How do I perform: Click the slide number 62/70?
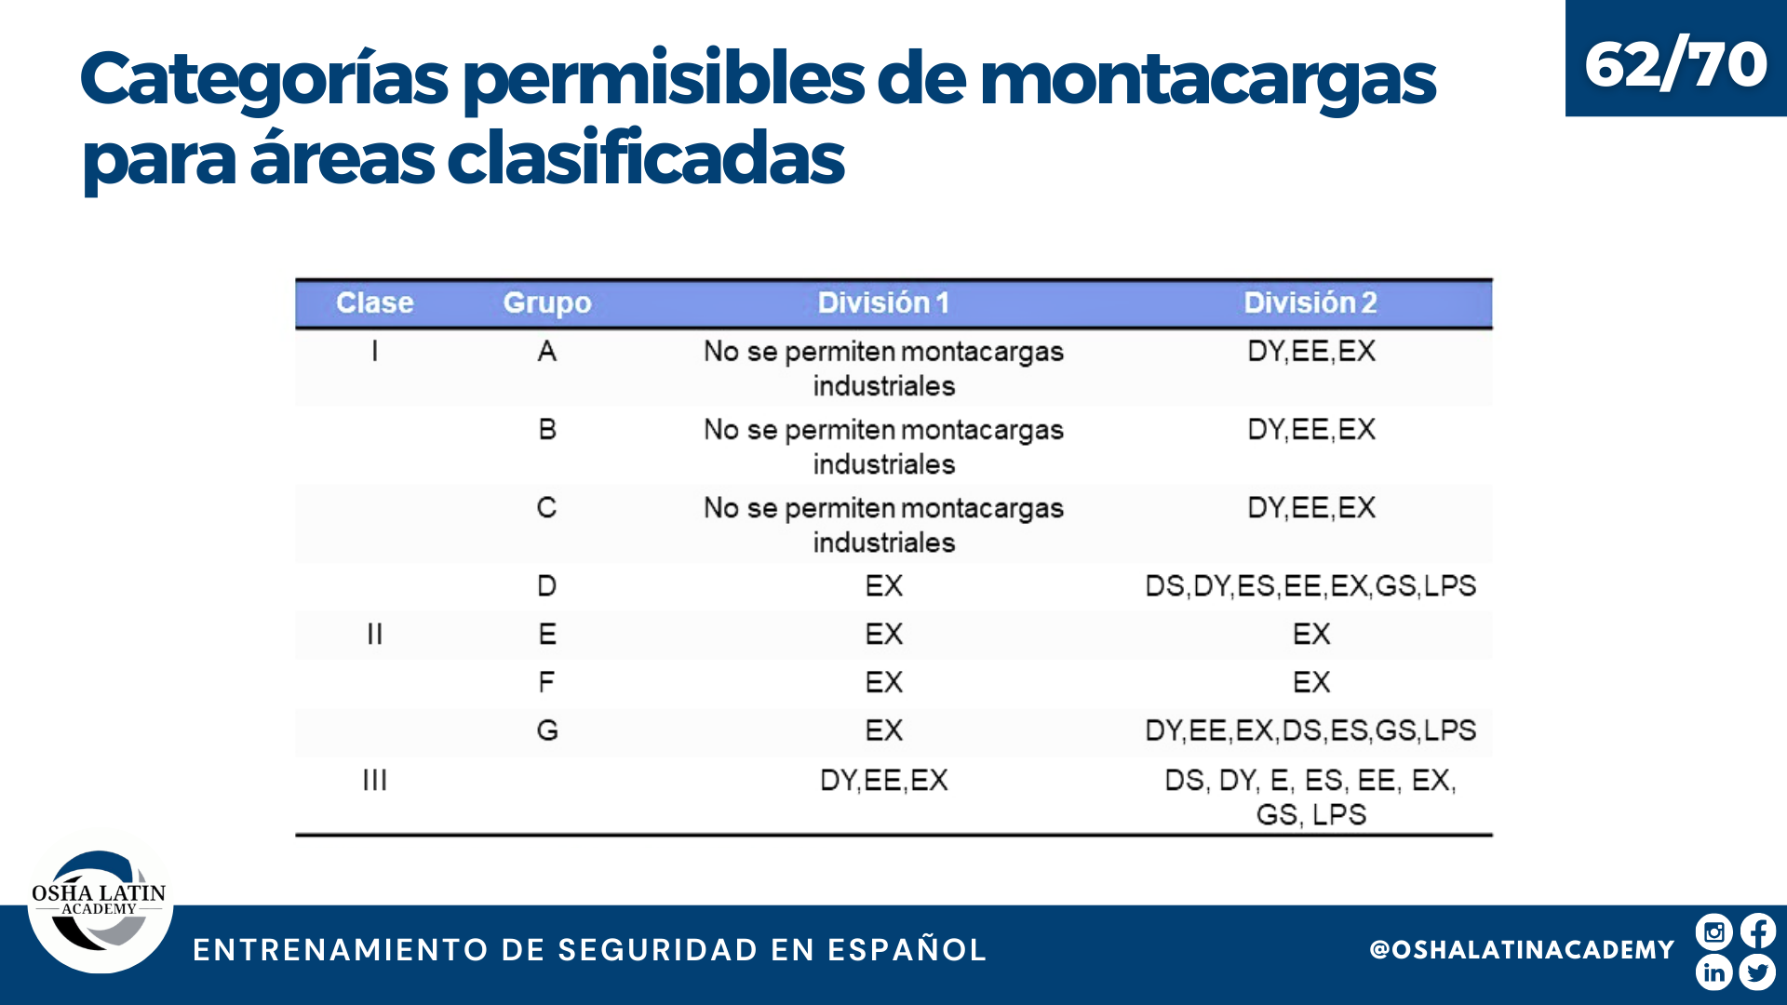(1675, 64)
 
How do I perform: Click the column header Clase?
(374, 302)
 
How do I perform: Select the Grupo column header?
(547, 303)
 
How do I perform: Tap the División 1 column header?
(883, 302)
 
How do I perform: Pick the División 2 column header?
(1310, 302)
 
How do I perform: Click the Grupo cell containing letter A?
(547, 351)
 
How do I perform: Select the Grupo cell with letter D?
(547, 585)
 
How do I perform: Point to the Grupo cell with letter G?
(547, 730)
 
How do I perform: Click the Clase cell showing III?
(374, 780)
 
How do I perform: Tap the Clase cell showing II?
(374, 634)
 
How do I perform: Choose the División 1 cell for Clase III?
(884, 780)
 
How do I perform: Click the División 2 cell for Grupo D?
(1310, 585)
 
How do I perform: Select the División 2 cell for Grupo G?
(1310, 730)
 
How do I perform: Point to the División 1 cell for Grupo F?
(884, 682)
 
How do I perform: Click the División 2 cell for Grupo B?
(1311, 429)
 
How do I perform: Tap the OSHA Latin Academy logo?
(101, 901)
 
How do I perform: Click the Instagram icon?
(1713, 931)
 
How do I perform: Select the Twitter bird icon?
(1757, 972)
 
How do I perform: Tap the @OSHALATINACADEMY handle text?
(1522, 949)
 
